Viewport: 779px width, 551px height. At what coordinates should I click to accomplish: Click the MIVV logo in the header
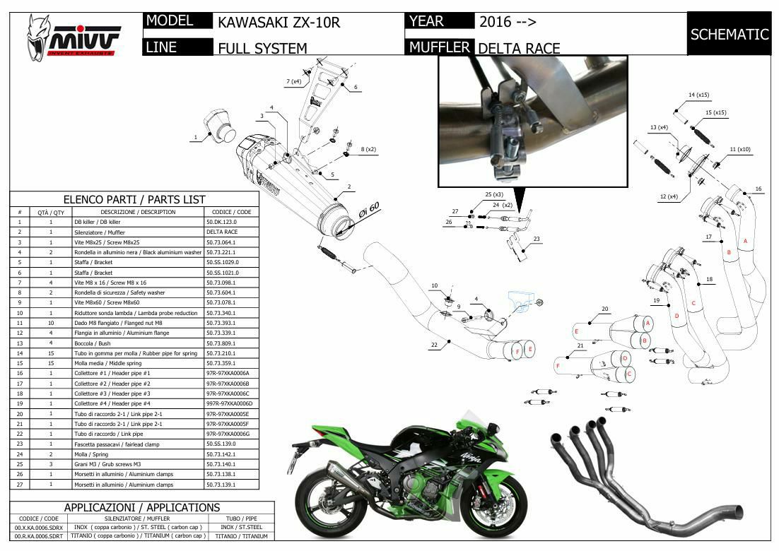click(74, 36)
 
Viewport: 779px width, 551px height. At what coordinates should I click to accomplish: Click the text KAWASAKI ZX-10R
click(279, 23)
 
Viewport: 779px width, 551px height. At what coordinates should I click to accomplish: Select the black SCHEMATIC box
click(729, 34)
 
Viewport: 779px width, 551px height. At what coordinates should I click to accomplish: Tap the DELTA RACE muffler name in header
click(519, 48)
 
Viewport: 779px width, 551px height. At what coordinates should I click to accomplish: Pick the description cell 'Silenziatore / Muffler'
click(100, 232)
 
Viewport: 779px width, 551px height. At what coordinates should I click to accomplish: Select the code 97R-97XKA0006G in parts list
click(230, 434)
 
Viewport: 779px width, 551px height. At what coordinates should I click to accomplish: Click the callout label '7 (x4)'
click(293, 82)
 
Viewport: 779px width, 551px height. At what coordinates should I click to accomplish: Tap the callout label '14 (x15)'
click(698, 95)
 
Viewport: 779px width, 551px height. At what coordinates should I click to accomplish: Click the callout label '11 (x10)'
click(740, 150)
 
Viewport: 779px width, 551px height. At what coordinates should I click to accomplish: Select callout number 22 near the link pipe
click(434, 345)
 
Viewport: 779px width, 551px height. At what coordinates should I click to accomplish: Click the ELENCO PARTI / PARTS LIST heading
click(134, 200)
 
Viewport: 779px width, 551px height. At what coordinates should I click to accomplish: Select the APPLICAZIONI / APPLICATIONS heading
click(141, 507)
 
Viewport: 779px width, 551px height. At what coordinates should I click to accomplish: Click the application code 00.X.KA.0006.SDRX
click(39, 527)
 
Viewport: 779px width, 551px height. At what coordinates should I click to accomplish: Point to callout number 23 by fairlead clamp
click(537, 239)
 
